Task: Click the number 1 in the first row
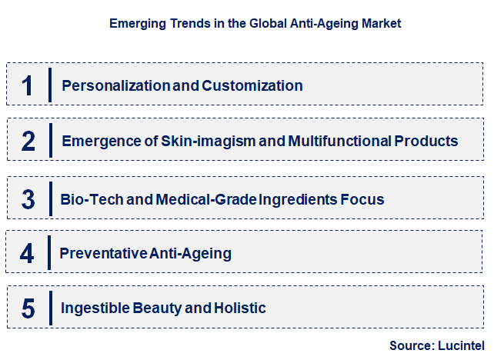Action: (28, 85)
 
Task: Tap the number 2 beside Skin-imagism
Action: (28, 142)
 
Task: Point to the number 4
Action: (28, 254)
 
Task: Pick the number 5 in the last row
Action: (28, 308)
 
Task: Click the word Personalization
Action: (115, 85)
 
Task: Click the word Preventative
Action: (104, 253)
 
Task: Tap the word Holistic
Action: (240, 308)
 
